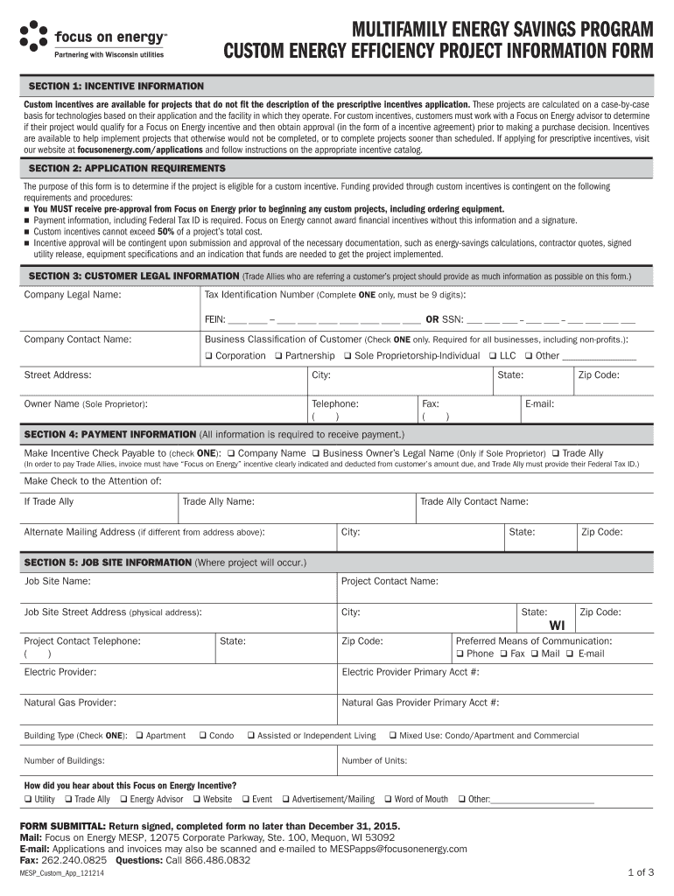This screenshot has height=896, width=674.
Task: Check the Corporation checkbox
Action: [x=209, y=356]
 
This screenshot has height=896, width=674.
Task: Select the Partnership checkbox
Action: [x=278, y=356]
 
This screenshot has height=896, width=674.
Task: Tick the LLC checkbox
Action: [x=492, y=356]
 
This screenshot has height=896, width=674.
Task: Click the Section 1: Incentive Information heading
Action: [x=116, y=87]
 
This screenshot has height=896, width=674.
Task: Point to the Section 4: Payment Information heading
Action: [x=110, y=434]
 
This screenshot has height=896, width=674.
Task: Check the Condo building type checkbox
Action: [x=202, y=736]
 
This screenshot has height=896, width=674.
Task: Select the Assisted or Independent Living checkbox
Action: [x=250, y=736]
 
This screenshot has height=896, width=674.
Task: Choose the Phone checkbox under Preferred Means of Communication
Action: [x=460, y=654]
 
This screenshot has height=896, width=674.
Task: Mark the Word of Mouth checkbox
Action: [x=388, y=799]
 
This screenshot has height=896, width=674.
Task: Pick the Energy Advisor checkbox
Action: [x=123, y=799]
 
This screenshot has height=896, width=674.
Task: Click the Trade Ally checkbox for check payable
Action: [x=555, y=454]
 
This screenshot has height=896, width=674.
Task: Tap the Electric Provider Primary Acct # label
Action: [x=410, y=672]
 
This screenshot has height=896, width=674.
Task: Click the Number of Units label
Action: [x=374, y=760]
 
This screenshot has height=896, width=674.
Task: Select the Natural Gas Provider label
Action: [x=70, y=703]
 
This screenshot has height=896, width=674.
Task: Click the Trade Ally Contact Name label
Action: [x=474, y=501]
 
